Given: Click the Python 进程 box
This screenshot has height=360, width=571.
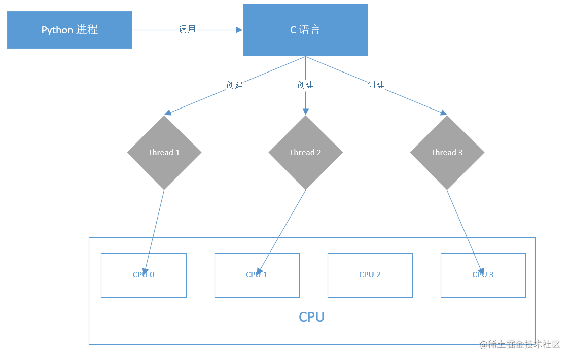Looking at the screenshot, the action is [x=69, y=30].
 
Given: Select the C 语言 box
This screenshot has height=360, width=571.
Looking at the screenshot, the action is [x=305, y=30].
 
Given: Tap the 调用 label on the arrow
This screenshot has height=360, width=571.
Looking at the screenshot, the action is [x=187, y=29].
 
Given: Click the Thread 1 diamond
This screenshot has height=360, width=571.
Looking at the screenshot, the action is [x=164, y=153].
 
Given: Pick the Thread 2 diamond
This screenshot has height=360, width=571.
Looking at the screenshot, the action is [x=305, y=153].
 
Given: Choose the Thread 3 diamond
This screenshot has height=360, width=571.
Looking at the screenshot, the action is [x=447, y=153].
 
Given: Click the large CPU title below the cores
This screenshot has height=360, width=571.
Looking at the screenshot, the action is [x=311, y=317].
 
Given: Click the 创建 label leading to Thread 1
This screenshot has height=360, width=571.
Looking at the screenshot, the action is [x=234, y=85].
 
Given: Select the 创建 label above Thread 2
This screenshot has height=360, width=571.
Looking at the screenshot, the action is [x=305, y=85].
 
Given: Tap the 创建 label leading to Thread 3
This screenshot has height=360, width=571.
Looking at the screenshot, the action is [x=376, y=85].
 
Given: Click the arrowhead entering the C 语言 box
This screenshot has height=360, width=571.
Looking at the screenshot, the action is [x=239, y=30].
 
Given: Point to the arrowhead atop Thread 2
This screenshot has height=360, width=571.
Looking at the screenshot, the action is [x=305, y=112].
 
